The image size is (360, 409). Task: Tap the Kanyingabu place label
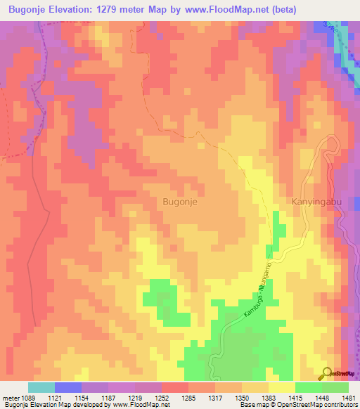point(315,201)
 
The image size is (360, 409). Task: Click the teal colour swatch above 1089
point(41,387)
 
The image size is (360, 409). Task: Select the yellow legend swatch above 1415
point(282,387)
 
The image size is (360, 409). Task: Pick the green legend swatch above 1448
point(309,387)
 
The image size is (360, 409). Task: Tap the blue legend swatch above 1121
point(68,387)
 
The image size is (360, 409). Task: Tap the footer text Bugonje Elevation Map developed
point(49,405)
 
